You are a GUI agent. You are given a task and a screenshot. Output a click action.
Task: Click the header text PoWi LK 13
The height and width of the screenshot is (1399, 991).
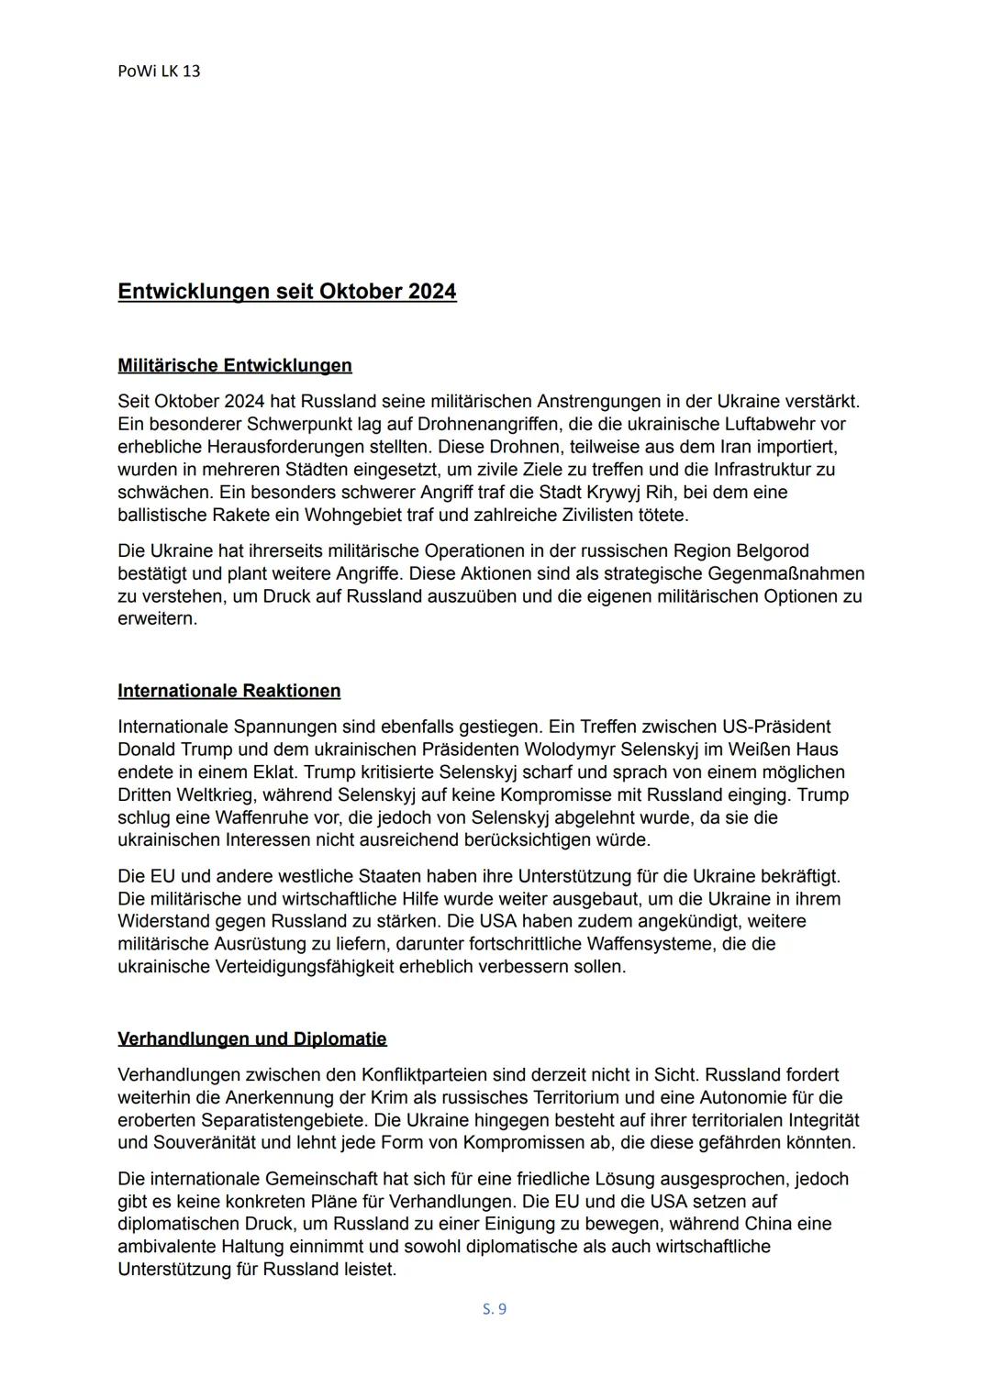tap(159, 71)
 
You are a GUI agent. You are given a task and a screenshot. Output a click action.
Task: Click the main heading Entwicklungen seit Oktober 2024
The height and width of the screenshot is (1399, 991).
tap(286, 292)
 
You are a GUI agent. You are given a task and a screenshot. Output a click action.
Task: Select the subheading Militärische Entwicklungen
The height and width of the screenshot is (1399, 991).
tap(235, 365)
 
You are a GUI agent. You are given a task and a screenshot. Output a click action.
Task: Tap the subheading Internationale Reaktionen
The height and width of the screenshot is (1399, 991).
tap(228, 691)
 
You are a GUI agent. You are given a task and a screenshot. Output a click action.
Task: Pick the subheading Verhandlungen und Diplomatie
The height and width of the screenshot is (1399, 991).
tap(252, 1038)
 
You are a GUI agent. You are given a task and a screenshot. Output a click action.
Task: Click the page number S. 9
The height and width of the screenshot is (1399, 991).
tap(495, 1309)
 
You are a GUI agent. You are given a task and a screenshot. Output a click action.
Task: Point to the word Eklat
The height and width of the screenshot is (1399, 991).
tap(273, 772)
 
